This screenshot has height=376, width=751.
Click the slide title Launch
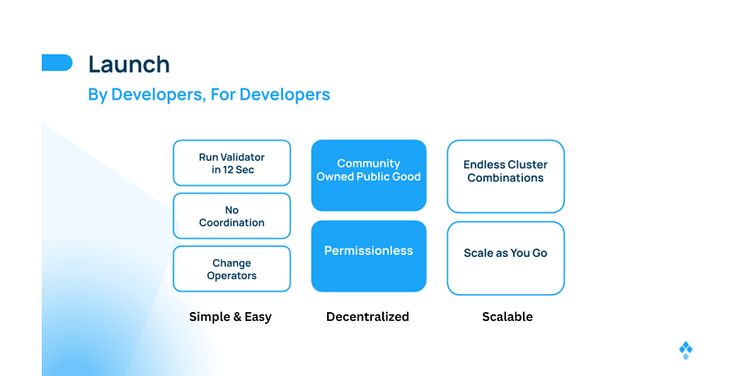pos(129,65)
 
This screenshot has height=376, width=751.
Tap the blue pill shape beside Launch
pos(57,62)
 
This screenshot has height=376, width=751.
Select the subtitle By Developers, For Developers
pos(209,95)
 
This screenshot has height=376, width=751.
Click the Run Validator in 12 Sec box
pos(232,163)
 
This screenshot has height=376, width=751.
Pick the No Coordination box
pos(232,216)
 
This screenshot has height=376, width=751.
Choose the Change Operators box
pos(232,269)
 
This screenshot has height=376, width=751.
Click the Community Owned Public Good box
pos(369,176)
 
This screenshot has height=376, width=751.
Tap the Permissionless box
pos(369,256)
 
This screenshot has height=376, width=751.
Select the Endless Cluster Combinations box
pos(506,176)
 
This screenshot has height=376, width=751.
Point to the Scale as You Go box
pos(506,258)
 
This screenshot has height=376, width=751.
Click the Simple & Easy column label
pos(230,317)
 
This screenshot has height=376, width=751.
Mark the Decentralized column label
pos(368,317)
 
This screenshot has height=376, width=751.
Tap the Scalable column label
pos(508,317)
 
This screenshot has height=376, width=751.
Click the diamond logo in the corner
pos(686,350)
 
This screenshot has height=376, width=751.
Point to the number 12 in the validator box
pos(227,170)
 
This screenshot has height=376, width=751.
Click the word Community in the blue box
pos(369,164)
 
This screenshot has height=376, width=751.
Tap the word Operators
pos(232,276)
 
